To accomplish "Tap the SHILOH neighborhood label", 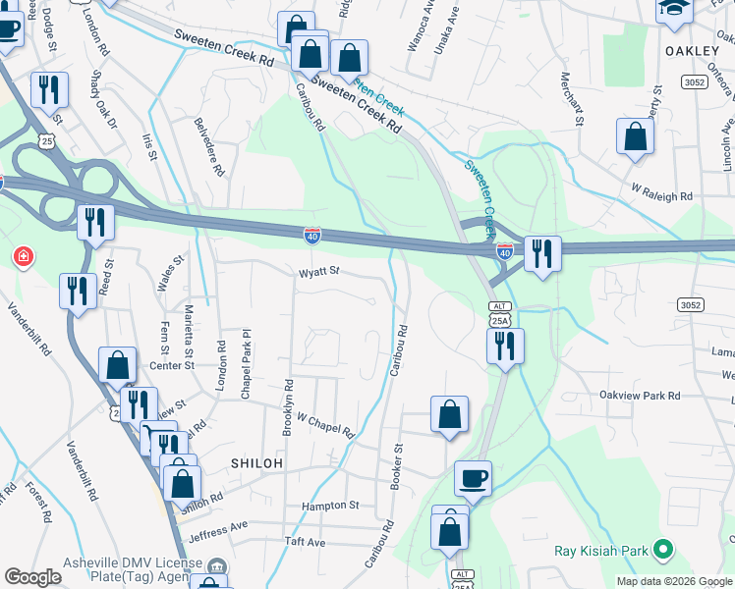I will coord(256,462).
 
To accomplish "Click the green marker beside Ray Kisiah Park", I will coord(664,551).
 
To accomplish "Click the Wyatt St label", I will coord(319,272).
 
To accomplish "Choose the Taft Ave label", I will coord(304,542).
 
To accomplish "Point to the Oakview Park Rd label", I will coord(640,396).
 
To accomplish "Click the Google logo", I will coord(33,577).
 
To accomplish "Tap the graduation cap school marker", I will coord(674,10).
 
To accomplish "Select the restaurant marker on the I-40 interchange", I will coord(541,254).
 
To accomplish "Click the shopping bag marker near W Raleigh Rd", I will coord(635,137).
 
